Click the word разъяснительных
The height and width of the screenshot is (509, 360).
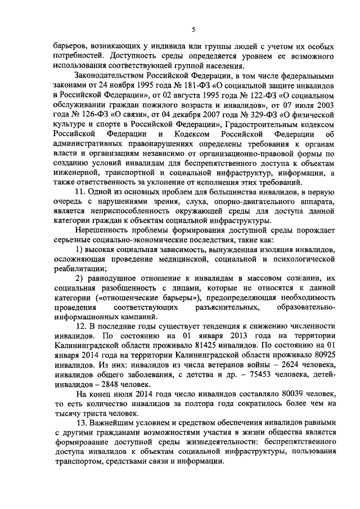click(x=227, y=308)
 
